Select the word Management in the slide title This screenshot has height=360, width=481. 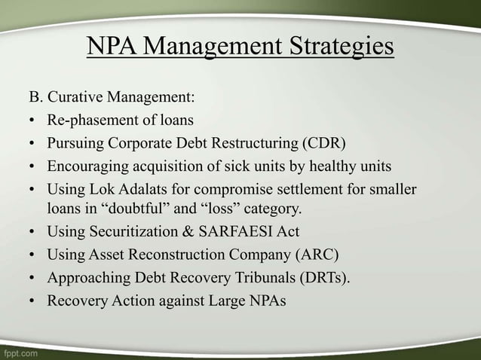[x=210, y=47]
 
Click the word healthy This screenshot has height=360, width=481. [x=336, y=165]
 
